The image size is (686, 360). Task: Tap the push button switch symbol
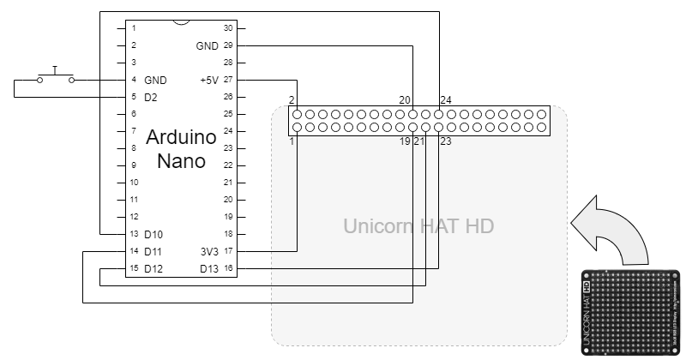55,77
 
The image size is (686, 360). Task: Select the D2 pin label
151,97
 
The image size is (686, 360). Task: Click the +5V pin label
208,80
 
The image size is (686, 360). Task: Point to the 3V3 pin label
208,251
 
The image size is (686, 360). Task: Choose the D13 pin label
208,268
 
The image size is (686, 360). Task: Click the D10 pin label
153,234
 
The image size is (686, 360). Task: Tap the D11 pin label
153,251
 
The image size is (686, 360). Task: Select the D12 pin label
153,268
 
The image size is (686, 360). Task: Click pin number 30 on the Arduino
228,28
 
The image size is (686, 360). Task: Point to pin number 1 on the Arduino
134,28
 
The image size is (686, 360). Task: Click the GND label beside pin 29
207,45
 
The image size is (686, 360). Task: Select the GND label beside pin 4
155,80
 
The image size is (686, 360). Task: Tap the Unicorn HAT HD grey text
418,226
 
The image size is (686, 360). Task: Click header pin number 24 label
446,99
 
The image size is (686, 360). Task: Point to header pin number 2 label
292,99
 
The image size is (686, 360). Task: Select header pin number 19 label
405,141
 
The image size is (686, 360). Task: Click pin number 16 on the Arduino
228,268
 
